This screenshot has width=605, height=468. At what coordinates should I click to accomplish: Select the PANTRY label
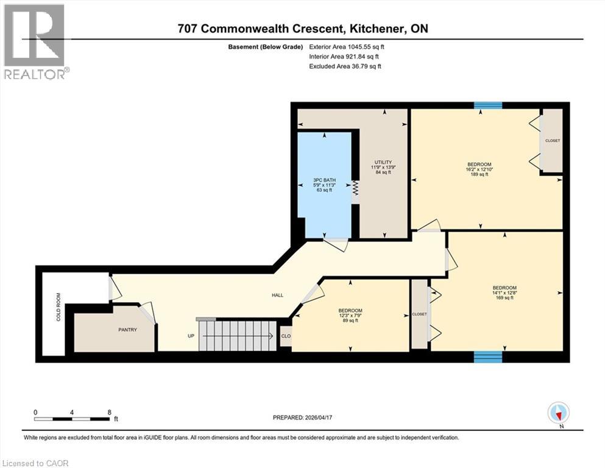click(127, 330)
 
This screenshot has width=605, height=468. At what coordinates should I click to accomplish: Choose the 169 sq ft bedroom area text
click(504, 299)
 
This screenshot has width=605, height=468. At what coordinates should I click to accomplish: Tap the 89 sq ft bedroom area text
click(350, 321)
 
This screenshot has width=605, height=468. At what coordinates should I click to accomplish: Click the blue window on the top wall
click(488, 105)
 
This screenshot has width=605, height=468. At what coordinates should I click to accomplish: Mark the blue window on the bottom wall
click(488, 356)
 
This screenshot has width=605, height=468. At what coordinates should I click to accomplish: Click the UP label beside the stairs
click(191, 336)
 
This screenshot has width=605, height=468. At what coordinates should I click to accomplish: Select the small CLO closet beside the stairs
click(285, 336)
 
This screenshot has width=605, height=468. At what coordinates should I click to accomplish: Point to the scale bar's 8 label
click(109, 412)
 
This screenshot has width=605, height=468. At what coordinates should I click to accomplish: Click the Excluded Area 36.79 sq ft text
click(345, 66)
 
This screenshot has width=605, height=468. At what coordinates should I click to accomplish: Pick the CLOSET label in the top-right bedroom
click(552, 141)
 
